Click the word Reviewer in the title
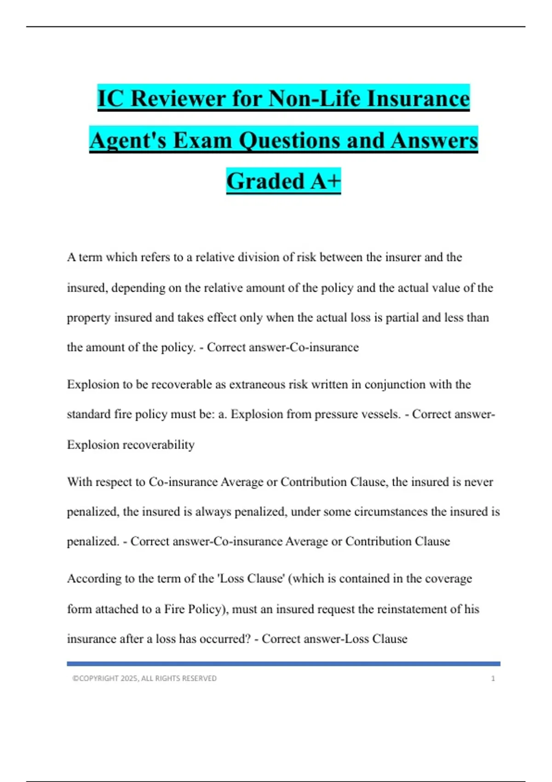point(178,99)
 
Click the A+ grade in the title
point(325,181)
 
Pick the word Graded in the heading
point(265,181)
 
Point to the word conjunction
point(395,385)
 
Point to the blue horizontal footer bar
point(283,664)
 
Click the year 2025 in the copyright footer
point(129,678)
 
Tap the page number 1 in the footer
point(493,678)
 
